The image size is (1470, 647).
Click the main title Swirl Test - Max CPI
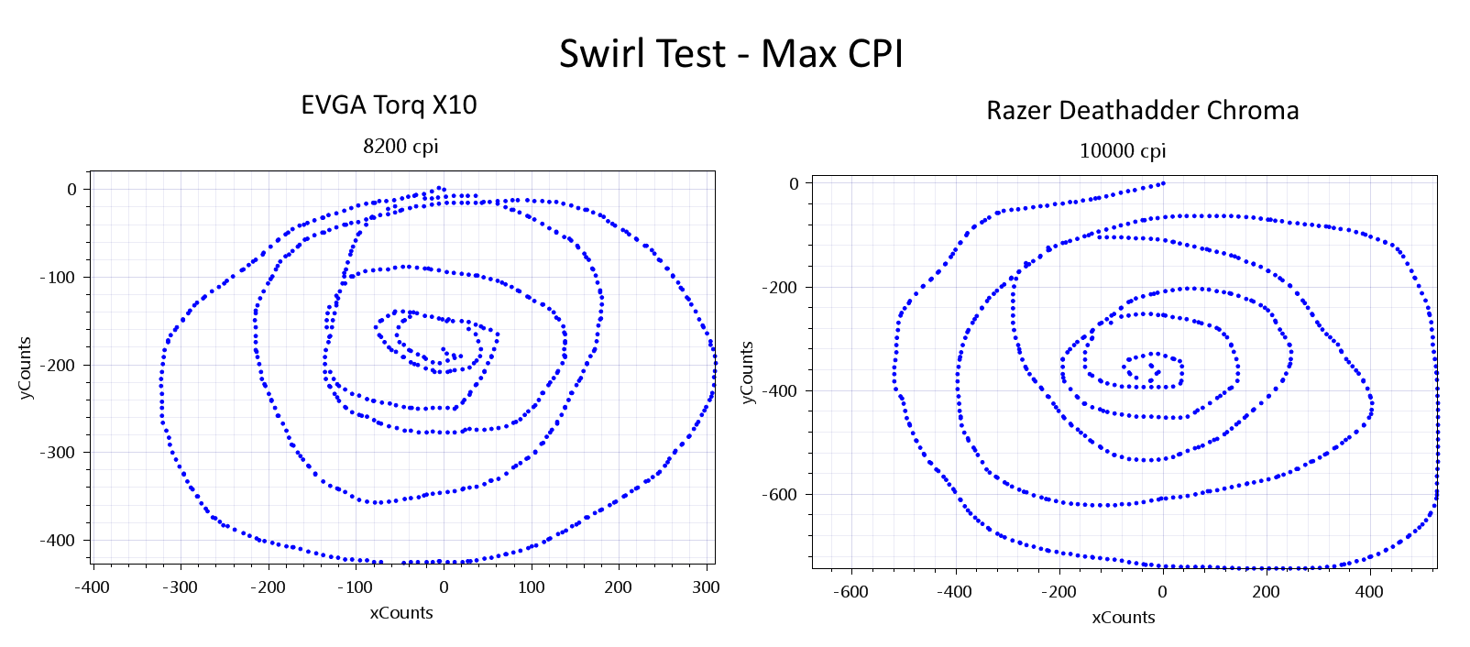pyautogui.click(x=731, y=54)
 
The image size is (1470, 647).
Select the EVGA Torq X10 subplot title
pyautogui.click(x=389, y=105)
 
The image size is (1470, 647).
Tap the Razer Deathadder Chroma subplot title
pyautogui.click(x=1142, y=111)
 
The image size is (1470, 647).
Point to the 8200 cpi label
pyautogui.click(x=400, y=147)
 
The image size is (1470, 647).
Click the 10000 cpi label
pyautogui.click(x=1122, y=151)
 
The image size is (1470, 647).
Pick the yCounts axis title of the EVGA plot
pyautogui.click(x=25, y=368)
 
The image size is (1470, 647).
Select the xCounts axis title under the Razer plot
pyautogui.click(x=1123, y=618)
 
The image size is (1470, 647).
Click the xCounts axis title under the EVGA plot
pyautogui.click(x=400, y=613)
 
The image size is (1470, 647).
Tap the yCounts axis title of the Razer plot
pyautogui.click(x=747, y=372)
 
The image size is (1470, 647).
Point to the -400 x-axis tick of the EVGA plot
pyautogui.click(x=92, y=587)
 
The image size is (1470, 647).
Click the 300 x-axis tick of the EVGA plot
pyautogui.click(x=706, y=587)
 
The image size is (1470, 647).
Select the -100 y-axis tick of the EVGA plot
pyautogui.click(x=59, y=278)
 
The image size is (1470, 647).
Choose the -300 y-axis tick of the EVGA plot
pyautogui.click(x=59, y=453)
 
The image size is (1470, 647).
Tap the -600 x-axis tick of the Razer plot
pyautogui.click(x=850, y=592)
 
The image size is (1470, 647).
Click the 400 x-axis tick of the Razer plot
pyautogui.click(x=1369, y=592)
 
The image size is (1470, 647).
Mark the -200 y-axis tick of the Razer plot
pyautogui.click(x=781, y=288)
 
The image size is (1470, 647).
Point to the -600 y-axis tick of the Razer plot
pyautogui.click(x=781, y=495)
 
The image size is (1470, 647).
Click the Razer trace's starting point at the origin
pyautogui.click(x=1163, y=183)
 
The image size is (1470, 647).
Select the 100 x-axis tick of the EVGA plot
pyautogui.click(x=532, y=587)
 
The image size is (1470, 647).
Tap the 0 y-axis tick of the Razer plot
pyautogui.click(x=795, y=184)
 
